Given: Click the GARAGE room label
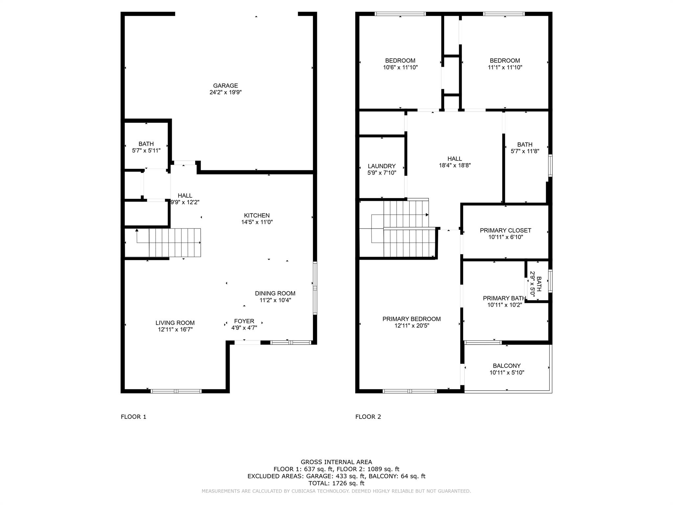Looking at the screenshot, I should coord(225,85).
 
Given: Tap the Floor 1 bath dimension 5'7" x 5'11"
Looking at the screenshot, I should coord(146,151).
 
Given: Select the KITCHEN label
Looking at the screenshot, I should coord(257,215).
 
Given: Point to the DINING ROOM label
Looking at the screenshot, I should coord(275,293).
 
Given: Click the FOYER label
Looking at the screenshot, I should coord(244,321).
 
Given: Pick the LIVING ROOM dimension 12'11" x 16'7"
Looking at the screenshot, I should coord(175,329).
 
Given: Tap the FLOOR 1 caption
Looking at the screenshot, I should coord(133,417).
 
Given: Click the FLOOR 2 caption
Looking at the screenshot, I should coord(368,417).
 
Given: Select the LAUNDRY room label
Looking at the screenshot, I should coord(382,166).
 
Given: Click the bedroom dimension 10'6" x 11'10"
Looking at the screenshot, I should coord(400,67).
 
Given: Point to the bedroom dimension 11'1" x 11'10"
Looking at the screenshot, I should coord(505,67).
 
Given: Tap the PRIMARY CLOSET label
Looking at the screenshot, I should coord(505,230).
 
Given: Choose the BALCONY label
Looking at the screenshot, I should coord(507,366).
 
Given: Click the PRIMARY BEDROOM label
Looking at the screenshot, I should coord(411,319).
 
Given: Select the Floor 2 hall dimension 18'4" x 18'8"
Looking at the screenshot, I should coord(455,165).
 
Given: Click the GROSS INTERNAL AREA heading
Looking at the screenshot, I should coord(336,462).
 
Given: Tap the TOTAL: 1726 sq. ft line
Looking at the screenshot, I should coord(336,483).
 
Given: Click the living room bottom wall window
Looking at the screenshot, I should coord(176,391).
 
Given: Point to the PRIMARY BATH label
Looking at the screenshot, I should coord(504,298).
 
